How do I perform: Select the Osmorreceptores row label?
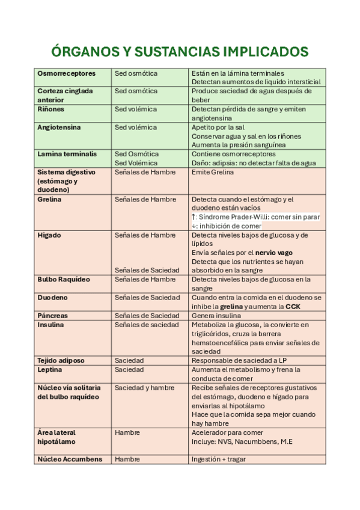[x=66, y=73]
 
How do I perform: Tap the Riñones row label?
[x=50, y=109]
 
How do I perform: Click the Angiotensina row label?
[x=59, y=127]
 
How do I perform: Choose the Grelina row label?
[x=49, y=199]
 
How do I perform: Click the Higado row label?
[x=49, y=235]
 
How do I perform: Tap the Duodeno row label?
[x=52, y=298]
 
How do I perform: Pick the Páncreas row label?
[x=52, y=316]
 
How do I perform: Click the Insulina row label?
[x=50, y=325]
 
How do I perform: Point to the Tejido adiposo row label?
[x=61, y=360]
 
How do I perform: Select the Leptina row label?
[x=49, y=369]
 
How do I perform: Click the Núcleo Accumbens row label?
[x=70, y=459]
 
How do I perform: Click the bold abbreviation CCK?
[x=293, y=307]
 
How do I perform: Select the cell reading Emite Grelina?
[x=212, y=172]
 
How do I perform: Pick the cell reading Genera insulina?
[x=216, y=316]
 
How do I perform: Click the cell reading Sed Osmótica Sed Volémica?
[x=136, y=158]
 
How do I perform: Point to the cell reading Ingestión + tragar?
[x=218, y=459]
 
